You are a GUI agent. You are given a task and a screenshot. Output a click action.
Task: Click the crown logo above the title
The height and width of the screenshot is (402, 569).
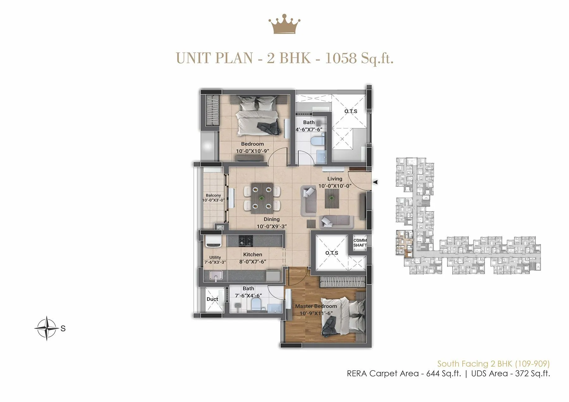pyautogui.click(x=284, y=24)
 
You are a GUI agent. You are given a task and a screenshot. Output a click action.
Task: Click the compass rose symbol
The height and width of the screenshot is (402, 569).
pyautogui.click(x=47, y=328)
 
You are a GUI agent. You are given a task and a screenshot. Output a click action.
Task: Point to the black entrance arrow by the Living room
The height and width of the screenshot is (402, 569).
pyautogui.click(x=375, y=182)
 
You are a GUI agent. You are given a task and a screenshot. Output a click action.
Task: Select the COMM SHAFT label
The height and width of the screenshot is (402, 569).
pyautogui.click(x=360, y=243)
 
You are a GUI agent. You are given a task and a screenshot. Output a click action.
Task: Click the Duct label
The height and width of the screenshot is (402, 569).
pyautogui.click(x=212, y=299)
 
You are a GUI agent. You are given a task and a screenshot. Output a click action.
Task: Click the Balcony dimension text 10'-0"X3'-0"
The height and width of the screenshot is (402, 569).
pyautogui.click(x=213, y=200)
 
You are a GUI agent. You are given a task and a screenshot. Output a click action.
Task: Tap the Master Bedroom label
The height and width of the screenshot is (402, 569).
pyautogui.click(x=316, y=306)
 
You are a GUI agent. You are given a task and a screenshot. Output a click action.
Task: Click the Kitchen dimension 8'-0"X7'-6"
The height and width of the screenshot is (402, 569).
pyautogui.click(x=252, y=262)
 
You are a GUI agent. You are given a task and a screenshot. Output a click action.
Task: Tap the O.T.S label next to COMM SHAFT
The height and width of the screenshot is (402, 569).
pyautogui.click(x=332, y=253)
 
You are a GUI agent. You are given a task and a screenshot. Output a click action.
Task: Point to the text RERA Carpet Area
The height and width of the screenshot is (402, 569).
pyautogui.click(x=382, y=374)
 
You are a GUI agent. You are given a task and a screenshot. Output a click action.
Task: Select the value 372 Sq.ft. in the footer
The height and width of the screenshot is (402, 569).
pyautogui.click(x=532, y=374)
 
